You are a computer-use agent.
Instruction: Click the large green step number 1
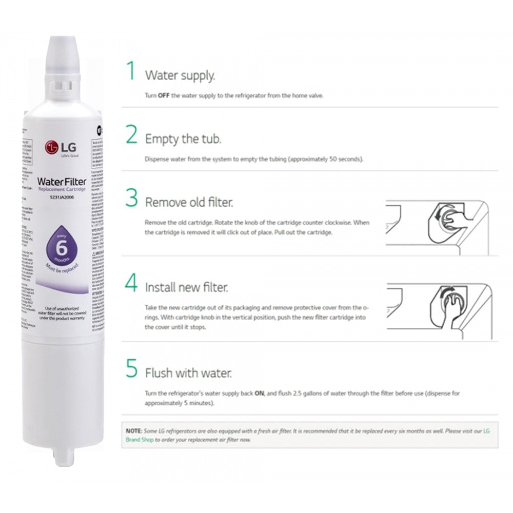pos(131,71)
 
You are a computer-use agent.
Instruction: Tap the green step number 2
pos(132,135)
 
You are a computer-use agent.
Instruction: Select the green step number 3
pos(132,198)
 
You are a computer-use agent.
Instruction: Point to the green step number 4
pos(132,283)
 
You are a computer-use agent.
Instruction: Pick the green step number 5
pos(132,368)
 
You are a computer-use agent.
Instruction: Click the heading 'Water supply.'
pos(180,75)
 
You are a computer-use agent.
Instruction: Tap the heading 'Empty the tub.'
pos(183,139)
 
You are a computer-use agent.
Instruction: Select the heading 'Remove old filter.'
pos(189,203)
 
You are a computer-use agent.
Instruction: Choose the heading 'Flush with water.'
pos(188,372)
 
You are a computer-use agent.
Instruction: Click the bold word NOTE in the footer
pos(133,431)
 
